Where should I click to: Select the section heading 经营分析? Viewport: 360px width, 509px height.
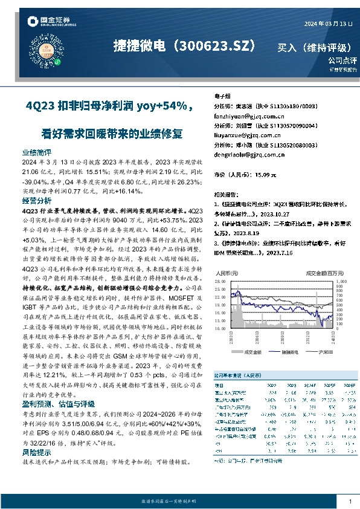coord(37,200)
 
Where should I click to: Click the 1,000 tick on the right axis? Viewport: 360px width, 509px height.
coord(341,282)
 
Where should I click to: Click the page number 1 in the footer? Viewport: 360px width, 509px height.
coord(350,502)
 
